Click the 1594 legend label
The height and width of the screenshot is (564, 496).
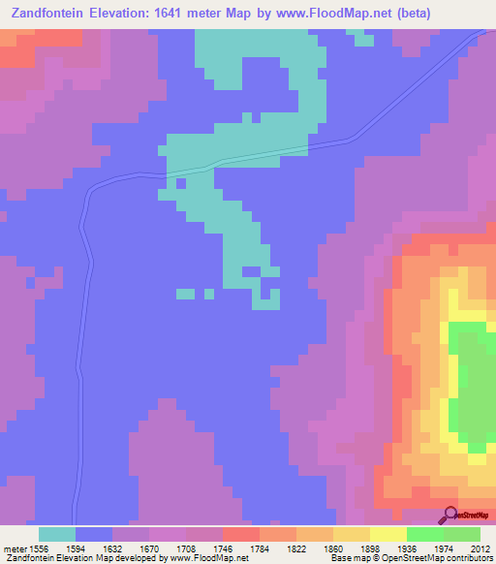click(x=93, y=548)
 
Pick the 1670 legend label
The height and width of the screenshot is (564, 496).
click(x=167, y=548)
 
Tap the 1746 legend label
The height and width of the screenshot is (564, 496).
click(x=240, y=548)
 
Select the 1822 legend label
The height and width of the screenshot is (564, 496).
click(x=314, y=548)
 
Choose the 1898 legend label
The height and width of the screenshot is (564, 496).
click(x=387, y=548)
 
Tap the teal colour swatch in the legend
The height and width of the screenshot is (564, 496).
click(x=57, y=534)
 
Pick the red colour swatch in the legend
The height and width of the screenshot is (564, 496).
click(x=241, y=534)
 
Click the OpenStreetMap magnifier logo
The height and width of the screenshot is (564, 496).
click(x=449, y=515)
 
